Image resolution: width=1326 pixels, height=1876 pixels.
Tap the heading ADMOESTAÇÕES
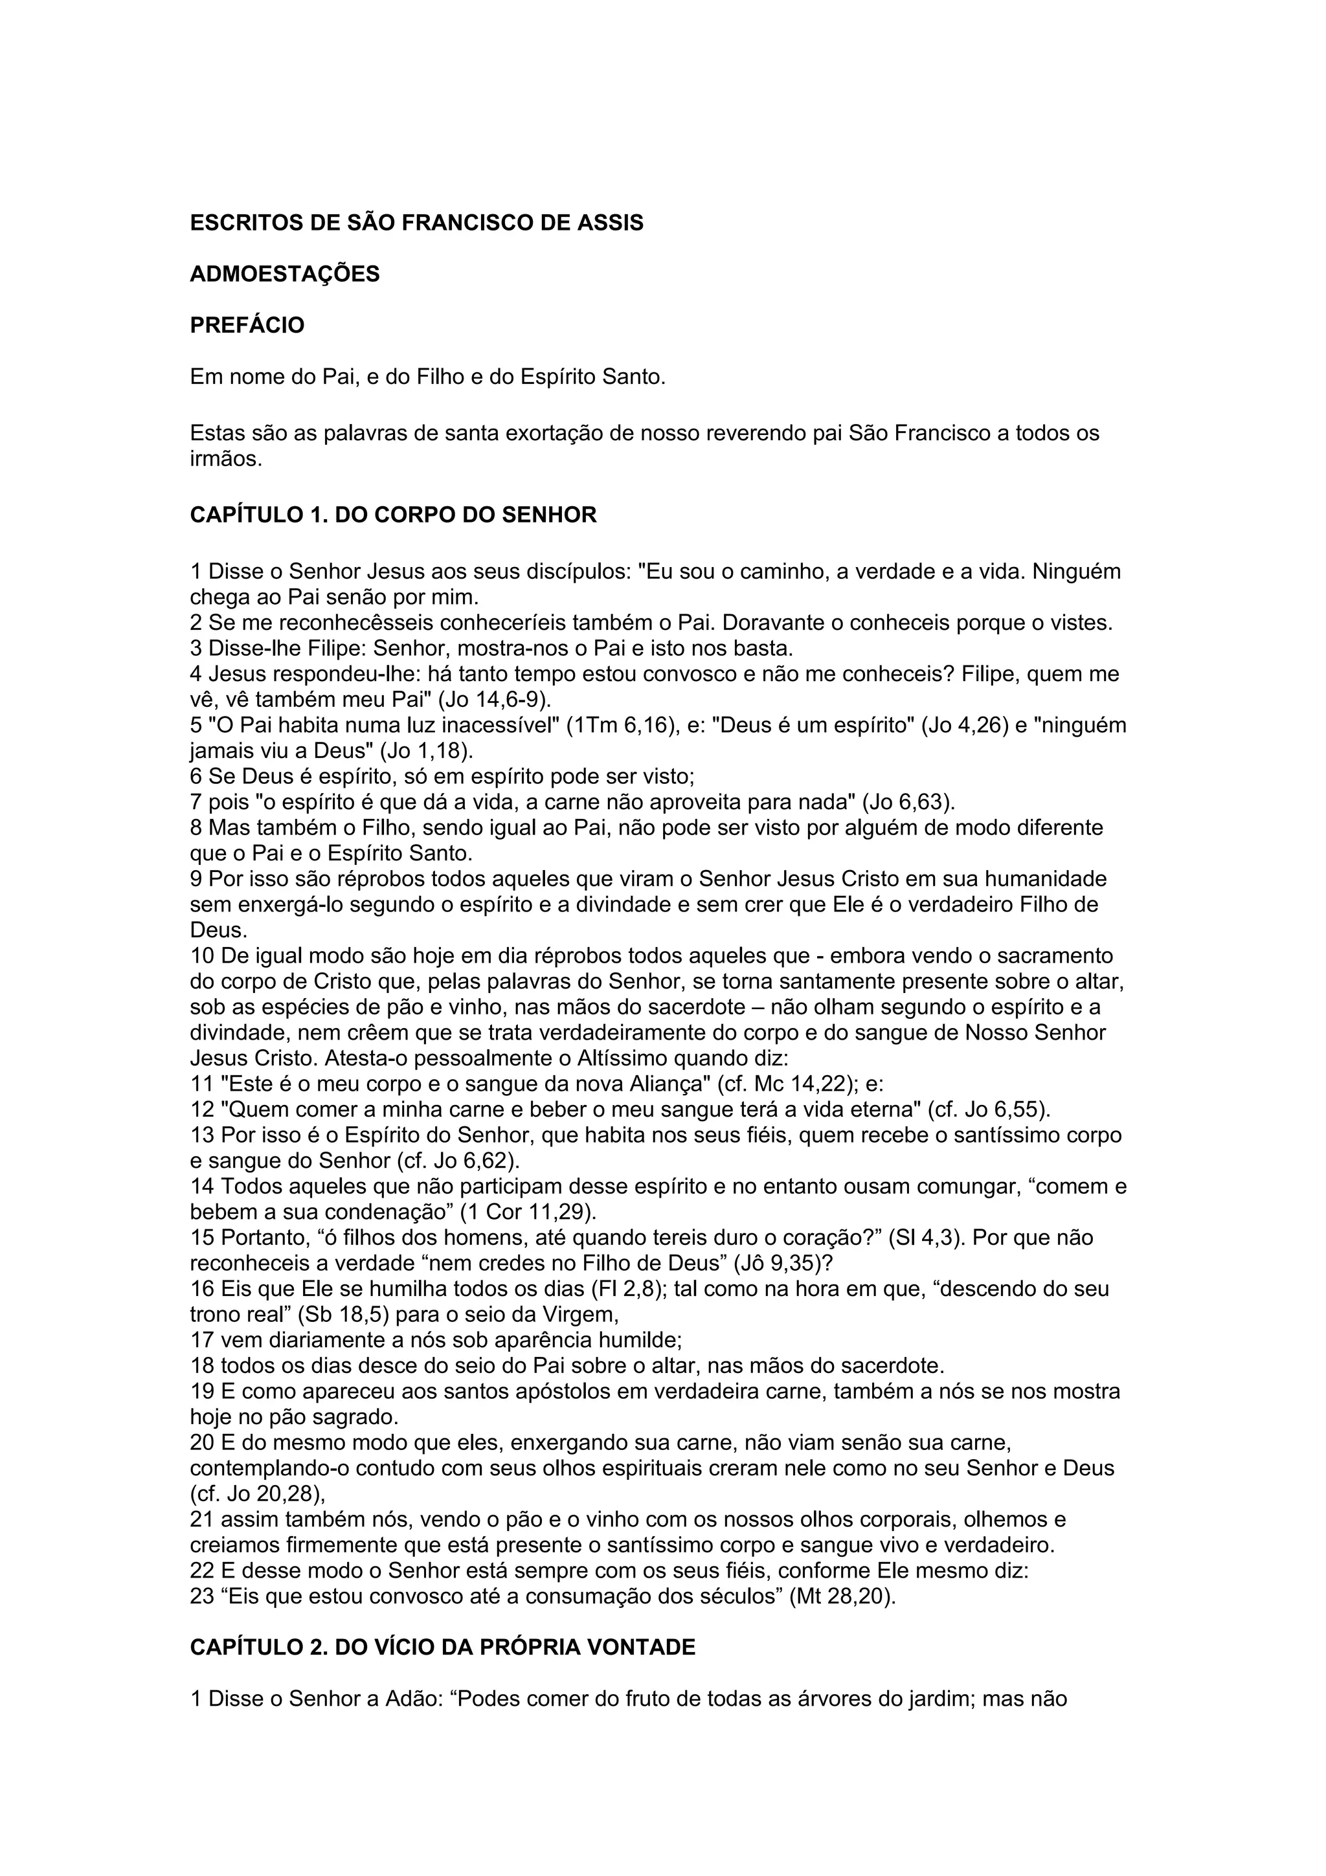285,274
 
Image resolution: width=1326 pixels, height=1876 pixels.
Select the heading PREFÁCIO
247,325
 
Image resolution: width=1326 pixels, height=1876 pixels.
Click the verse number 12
202,1110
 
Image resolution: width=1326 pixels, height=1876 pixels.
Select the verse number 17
202,1340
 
